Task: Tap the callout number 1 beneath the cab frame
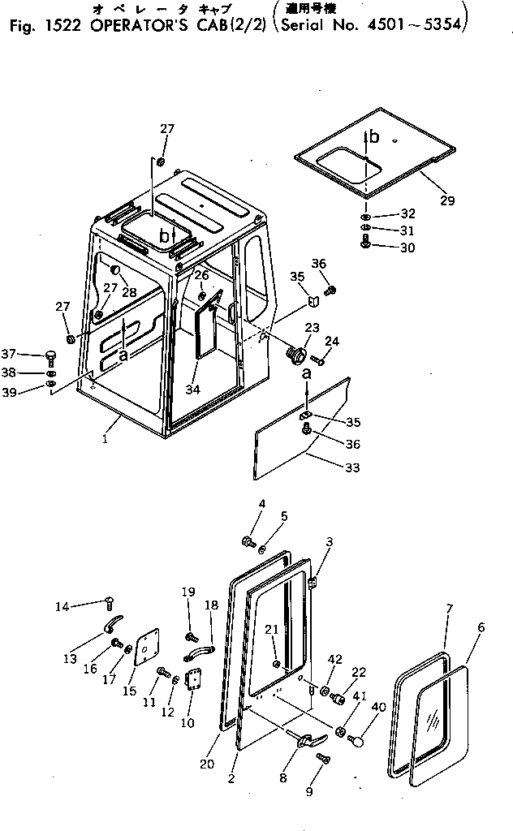click(x=105, y=439)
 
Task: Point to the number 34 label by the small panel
click(x=192, y=390)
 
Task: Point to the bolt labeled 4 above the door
click(x=248, y=540)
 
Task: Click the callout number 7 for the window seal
click(x=449, y=608)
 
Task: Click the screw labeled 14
click(x=107, y=601)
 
